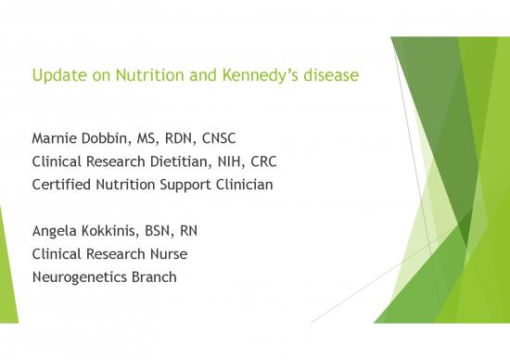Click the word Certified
[x=64, y=184]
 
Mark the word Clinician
[x=242, y=184]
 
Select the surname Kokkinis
[x=118, y=229]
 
